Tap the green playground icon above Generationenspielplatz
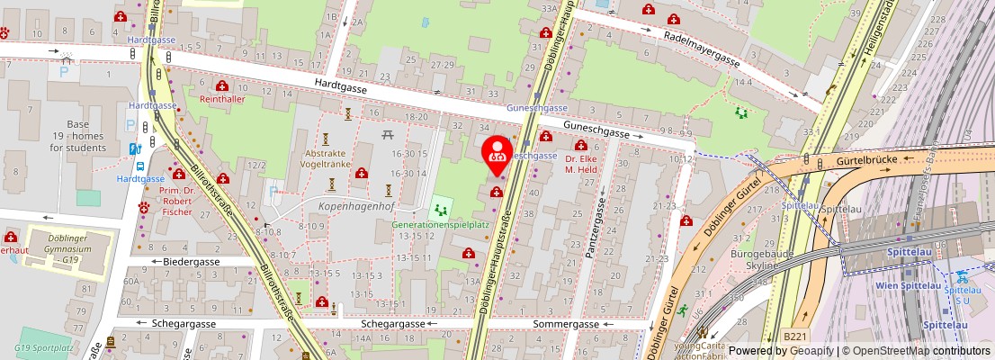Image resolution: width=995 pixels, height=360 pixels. pos(440,210)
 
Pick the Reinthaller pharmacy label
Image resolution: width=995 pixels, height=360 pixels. pos(222,99)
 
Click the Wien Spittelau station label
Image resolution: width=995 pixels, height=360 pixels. pos(910,285)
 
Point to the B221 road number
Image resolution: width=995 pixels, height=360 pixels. pos(794,336)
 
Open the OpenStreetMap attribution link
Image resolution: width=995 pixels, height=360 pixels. pos(910,351)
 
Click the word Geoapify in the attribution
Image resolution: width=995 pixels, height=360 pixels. pos(811,351)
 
